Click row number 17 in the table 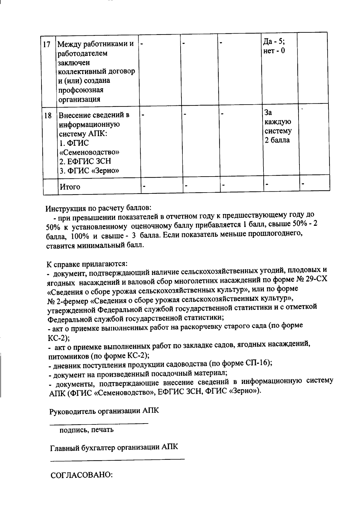click(x=47, y=44)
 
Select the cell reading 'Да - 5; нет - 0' click(x=274, y=46)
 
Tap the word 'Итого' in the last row click(x=70, y=187)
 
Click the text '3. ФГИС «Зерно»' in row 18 click(x=89, y=171)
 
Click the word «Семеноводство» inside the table click(x=90, y=152)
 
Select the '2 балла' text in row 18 click(x=277, y=140)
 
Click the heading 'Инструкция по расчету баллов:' click(x=99, y=209)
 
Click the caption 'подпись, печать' click(x=87, y=430)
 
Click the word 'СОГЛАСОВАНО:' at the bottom click(x=81, y=475)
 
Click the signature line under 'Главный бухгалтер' click(x=117, y=460)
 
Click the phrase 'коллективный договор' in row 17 click(x=96, y=72)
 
